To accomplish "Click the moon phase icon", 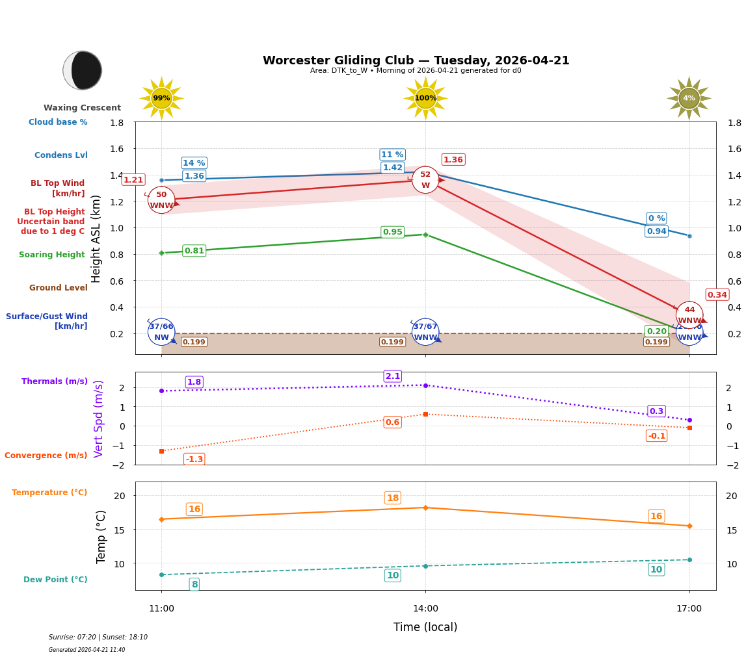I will pyautogui.click(x=83, y=70).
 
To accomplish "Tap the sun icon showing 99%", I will pyautogui.click(x=161, y=98).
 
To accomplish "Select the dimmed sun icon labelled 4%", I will pyautogui.click(x=689, y=98).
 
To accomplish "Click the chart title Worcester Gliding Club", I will pyautogui.click(x=416, y=60).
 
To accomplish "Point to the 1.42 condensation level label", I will pyautogui.click(x=392, y=168).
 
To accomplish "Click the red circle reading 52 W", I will pyautogui.click(x=425, y=180).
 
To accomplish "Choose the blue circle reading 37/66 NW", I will pyautogui.click(x=161, y=332).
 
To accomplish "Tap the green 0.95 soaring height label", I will pyautogui.click(x=392, y=232).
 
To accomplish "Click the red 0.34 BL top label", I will pyautogui.click(x=717, y=295).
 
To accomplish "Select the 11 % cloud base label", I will pyautogui.click(x=392, y=155).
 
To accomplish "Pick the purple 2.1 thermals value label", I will pyautogui.click(x=393, y=376).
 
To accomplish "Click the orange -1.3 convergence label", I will pyautogui.click(x=194, y=459).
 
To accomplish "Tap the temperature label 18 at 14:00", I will pyautogui.click(x=393, y=498).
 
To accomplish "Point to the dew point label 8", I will pyautogui.click(x=194, y=585).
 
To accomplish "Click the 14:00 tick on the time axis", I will pyautogui.click(x=425, y=609).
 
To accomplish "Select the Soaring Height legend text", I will pyautogui.click(x=52, y=255).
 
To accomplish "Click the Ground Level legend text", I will pyautogui.click(x=59, y=288).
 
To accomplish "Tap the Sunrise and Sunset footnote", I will pyautogui.click(x=98, y=638).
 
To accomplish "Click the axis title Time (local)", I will pyautogui.click(x=425, y=627).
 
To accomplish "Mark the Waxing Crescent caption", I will pyautogui.click(x=82, y=108).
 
